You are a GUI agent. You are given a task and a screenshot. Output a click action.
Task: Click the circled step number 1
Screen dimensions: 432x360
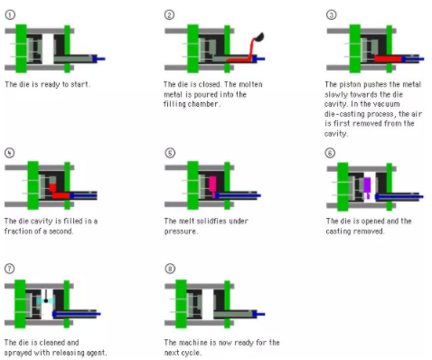[x=10, y=14]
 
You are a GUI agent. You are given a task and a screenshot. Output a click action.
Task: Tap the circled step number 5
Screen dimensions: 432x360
[x=170, y=153]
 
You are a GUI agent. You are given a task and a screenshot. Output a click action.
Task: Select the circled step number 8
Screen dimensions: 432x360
[x=170, y=269]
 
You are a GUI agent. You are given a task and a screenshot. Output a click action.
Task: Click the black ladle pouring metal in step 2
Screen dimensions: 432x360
[x=259, y=37]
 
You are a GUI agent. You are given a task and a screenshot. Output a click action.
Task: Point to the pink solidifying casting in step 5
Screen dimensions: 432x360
[x=212, y=185]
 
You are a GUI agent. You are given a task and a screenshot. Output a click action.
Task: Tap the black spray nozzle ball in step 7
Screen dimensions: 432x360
[x=46, y=300]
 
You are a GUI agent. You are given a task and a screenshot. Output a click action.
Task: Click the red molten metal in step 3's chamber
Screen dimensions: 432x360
[x=388, y=59]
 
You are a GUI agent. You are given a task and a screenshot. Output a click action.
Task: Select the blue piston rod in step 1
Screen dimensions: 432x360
[x=99, y=59]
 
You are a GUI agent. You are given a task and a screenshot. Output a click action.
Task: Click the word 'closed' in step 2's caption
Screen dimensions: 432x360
[x=209, y=84]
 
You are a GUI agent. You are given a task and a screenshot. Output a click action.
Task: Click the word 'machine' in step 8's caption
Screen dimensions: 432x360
[x=193, y=343]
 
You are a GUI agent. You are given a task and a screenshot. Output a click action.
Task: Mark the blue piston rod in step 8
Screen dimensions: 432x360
[x=258, y=314]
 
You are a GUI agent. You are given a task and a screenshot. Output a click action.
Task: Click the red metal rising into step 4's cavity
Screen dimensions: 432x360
[x=52, y=187]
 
